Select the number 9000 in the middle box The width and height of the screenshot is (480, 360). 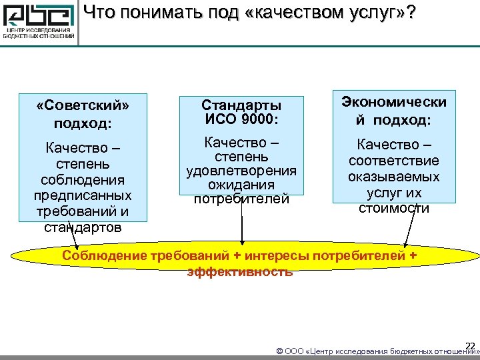click(x=254, y=119)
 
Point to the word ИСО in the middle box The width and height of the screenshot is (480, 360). click(x=217, y=119)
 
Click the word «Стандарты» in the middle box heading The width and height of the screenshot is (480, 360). click(x=241, y=105)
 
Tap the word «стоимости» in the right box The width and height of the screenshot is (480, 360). click(x=394, y=208)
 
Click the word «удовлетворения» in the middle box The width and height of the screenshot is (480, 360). click(x=241, y=171)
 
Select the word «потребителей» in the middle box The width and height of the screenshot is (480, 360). click(x=241, y=199)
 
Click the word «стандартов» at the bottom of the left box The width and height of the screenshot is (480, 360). click(x=83, y=227)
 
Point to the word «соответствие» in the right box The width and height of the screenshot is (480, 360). click(x=394, y=161)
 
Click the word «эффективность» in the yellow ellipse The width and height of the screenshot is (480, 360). click(x=240, y=271)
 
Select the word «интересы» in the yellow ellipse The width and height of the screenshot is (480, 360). click(x=277, y=257)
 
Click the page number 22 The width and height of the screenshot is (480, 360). click(x=469, y=345)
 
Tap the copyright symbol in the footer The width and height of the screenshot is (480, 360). click(x=279, y=351)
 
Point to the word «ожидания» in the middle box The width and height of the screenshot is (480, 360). click(x=241, y=185)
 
